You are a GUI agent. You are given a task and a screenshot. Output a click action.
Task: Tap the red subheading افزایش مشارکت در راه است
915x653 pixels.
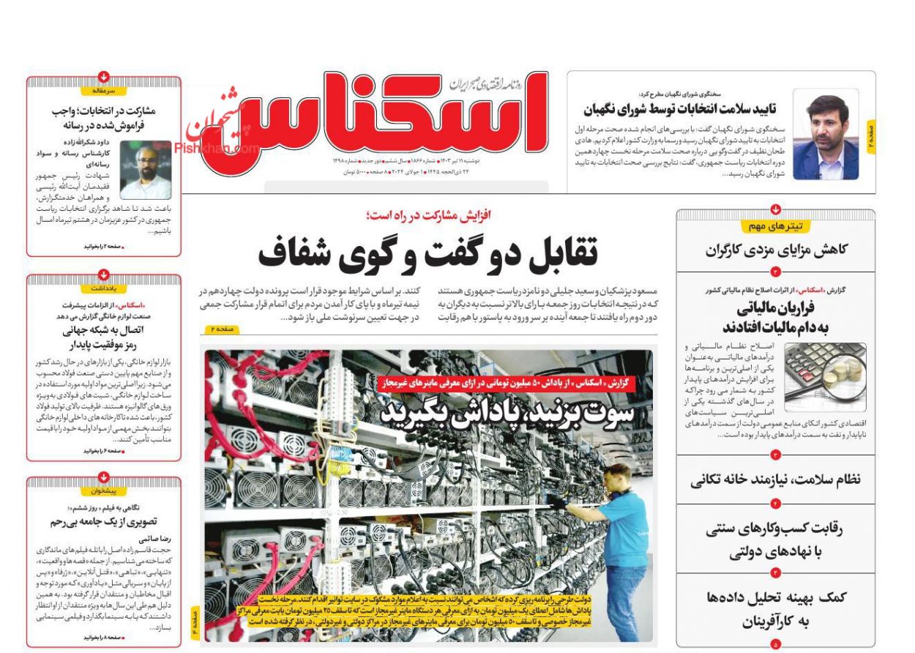point(429,215)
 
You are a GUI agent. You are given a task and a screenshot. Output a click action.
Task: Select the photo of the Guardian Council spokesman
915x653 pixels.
point(826,135)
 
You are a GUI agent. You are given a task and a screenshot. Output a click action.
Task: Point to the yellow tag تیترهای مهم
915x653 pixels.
point(776,226)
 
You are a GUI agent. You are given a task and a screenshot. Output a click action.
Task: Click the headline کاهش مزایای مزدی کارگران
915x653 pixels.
point(776,250)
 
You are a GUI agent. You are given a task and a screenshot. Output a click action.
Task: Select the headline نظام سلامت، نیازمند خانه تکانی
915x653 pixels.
point(775,480)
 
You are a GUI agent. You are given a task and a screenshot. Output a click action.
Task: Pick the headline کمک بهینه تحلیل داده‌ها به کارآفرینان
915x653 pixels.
point(775,610)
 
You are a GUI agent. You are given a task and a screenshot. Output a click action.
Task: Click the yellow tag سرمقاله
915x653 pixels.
point(104,91)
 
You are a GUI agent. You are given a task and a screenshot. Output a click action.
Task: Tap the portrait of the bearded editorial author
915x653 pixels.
point(146,170)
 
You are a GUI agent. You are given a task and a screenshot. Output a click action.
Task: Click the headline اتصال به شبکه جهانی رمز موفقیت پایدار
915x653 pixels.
point(104,337)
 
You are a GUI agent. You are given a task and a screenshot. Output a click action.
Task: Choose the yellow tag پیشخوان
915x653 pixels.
point(104,491)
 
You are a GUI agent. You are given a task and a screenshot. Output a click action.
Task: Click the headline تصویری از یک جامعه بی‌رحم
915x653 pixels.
point(104,522)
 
